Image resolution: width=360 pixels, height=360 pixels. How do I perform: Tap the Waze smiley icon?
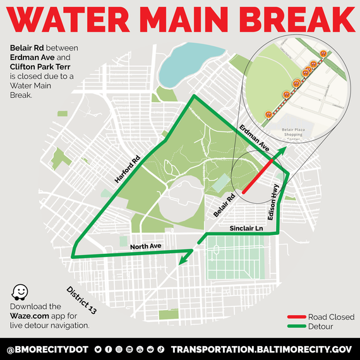(21, 292)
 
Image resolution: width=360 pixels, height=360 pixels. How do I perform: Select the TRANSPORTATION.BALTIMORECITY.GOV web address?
(261, 349)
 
